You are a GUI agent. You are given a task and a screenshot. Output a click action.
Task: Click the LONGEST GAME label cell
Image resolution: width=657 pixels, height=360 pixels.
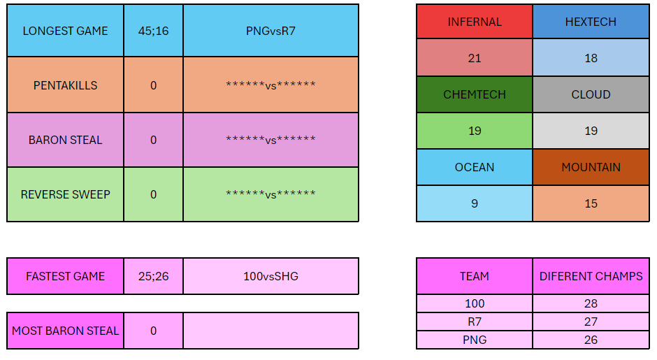[66, 31]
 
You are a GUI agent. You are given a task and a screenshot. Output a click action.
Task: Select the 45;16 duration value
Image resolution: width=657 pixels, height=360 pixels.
[153, 31]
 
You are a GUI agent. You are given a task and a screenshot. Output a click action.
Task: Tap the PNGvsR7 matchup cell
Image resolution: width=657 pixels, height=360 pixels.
[270, 31]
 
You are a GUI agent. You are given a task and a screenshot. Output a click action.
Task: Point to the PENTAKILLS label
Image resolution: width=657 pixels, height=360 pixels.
[66, 85]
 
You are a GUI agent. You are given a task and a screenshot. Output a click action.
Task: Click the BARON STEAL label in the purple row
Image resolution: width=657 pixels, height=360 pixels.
[66, 140]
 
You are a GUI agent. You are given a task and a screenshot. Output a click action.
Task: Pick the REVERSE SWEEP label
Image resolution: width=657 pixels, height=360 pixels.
[66, 194]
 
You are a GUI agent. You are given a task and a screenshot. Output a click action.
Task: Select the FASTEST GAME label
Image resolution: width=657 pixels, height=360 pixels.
[66, 276]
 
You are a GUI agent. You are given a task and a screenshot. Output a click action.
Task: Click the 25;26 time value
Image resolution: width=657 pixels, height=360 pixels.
[153, 276]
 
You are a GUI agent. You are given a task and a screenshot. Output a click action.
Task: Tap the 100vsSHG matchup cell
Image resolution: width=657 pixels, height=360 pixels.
[270, 276]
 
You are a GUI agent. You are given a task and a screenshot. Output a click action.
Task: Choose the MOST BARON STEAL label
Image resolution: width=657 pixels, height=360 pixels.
[66, 331]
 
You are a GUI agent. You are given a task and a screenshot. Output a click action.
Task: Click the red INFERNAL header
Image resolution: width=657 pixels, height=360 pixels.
[475, 22]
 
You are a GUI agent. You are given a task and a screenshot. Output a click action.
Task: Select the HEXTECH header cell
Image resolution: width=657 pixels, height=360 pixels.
[591, 22]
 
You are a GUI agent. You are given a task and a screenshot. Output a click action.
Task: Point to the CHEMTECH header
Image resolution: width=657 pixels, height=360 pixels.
[475, 94]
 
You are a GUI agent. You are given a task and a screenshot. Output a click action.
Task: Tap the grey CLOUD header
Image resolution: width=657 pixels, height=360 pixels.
[591, 94]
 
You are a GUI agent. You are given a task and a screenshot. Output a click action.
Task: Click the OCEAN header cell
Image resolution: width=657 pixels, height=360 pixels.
[475, 167]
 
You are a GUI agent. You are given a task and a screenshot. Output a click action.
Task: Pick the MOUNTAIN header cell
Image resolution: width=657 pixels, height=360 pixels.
[591, 167]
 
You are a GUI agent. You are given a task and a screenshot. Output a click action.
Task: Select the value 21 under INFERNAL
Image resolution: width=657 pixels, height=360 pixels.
[475, 58]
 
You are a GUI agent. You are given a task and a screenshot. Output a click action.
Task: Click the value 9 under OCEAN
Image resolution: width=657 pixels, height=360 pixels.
[475, 203]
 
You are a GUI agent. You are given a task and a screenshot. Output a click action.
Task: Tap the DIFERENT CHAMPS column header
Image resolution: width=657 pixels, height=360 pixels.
[591, 276]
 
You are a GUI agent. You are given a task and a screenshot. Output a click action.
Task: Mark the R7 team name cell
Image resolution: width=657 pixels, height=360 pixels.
[475, 322]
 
